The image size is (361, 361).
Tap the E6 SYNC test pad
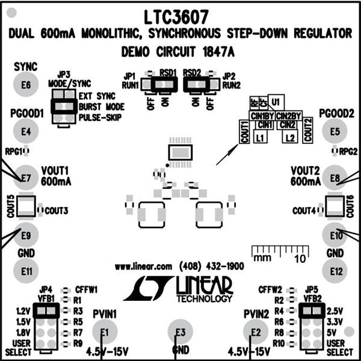tap(25, 84)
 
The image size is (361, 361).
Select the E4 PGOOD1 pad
tap(25, 131)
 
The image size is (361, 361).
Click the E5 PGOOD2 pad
tap(335, 131)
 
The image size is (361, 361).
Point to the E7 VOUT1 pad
tap(25, 178)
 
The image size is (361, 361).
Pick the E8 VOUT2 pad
tap(335, 178)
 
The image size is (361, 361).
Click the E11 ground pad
tap(25, 271)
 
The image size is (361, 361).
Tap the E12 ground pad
tap(335, 271)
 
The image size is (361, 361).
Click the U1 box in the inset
tap(276, 102)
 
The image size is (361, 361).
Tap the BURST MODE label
tap(100, 106)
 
